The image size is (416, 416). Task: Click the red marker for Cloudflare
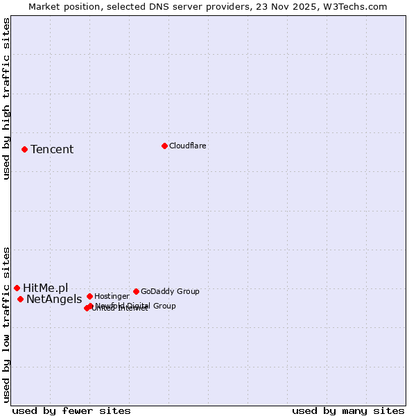[x=164, y=146]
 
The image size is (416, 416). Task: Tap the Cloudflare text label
[x=187, y=146]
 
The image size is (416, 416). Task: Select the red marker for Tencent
[x=24, y=149]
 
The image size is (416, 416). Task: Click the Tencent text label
[x=52, y=150]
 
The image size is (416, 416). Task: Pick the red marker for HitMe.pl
[x=17, y=288]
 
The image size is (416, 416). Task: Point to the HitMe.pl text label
[x=46, y=288]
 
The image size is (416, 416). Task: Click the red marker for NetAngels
[x=20, y=299]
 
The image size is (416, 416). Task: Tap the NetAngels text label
[x=54, y=300]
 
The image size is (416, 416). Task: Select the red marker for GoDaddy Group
[x=136, y=291]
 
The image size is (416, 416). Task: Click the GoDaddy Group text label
[x=170, y=292]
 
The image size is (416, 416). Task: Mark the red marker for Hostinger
[x=89, y=296]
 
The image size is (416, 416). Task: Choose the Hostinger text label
[x=112, y=297]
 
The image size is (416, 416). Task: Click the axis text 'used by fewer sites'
[x=71, y=410]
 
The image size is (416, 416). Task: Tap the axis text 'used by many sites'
[x=348, y=410]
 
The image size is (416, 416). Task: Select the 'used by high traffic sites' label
[x=6, y=98]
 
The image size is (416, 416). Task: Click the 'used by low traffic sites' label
[x=6, y=324]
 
